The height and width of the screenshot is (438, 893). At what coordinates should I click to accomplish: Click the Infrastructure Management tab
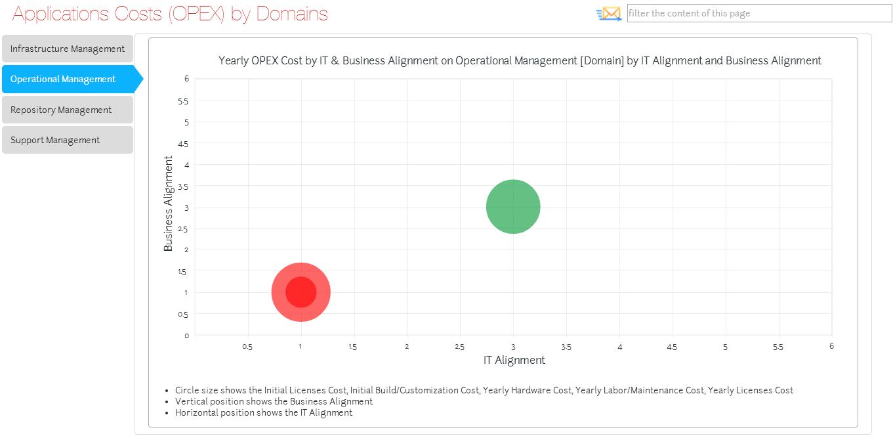pos(68,49)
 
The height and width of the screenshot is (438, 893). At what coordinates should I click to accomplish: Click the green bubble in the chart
pos(513,207)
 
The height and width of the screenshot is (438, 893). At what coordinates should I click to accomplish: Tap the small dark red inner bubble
pos(301,292)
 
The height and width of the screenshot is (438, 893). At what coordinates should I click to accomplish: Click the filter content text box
pos(759,13)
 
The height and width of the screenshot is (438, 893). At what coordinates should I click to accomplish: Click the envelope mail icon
pos(609,13)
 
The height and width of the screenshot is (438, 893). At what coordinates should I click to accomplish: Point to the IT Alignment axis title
pos(514,360)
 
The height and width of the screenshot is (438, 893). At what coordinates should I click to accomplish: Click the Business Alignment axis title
pos(169,204)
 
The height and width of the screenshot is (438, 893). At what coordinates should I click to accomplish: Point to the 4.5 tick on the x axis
pos(672,347)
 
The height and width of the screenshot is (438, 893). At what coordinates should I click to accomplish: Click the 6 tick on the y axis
pos(186,79)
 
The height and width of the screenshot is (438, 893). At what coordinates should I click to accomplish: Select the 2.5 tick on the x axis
pos(459,347)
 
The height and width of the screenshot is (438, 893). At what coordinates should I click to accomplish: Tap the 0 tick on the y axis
pos(186,336)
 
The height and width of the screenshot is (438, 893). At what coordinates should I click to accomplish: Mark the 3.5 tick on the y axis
pos(184,186)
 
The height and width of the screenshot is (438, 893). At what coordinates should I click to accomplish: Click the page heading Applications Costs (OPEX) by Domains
pos(170,13)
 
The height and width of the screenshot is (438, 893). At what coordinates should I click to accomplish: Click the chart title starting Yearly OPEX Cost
pos(520,60)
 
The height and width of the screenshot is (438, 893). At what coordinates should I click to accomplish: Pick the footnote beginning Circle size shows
pos(484,390)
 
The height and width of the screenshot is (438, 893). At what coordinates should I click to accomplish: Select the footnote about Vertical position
pos(274,401)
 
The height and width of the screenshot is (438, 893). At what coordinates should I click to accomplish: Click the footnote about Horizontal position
pos(263,412)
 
